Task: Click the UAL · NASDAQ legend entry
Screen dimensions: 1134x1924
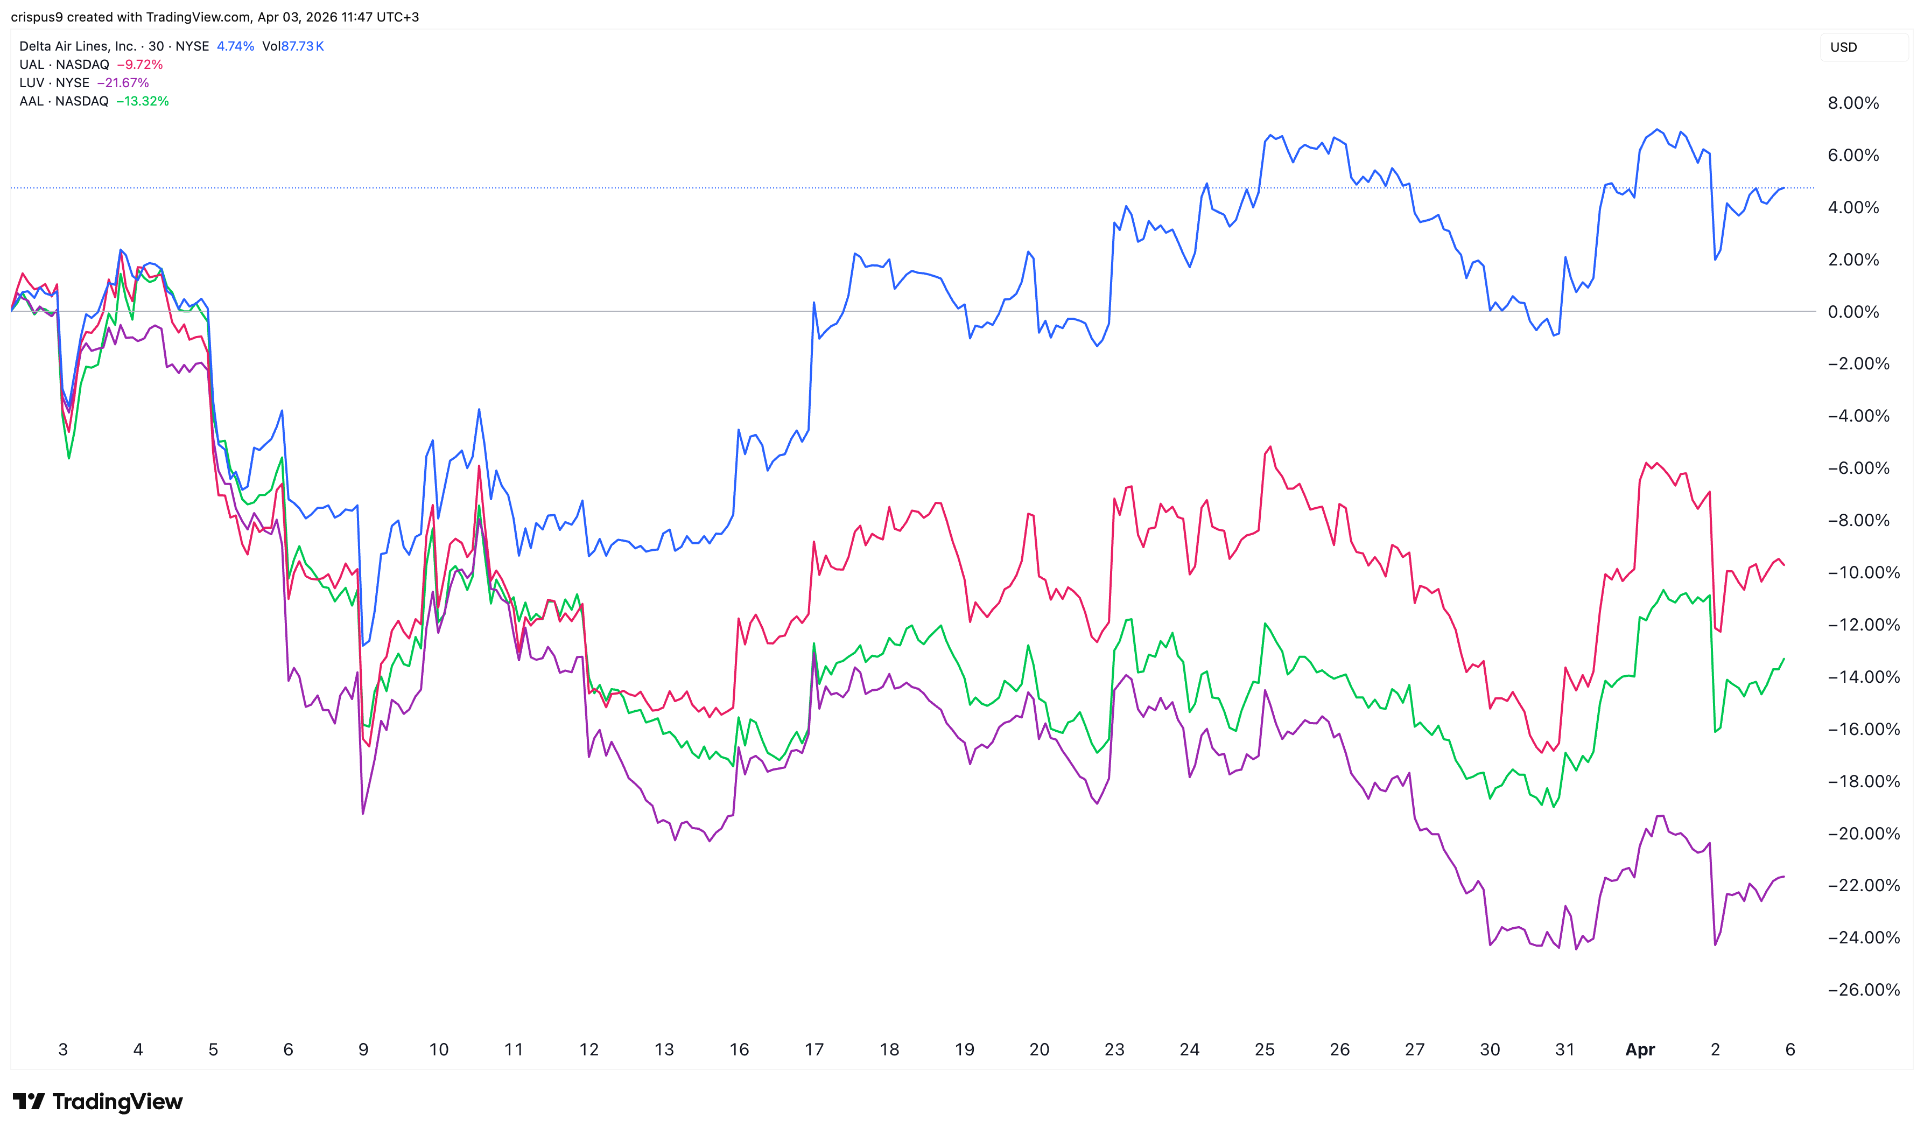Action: point(64,64)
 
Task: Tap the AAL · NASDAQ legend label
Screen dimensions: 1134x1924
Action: point(64,101)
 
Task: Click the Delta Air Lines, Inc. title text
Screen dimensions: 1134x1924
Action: point(77,46)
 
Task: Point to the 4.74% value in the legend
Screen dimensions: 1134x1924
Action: point(235,46)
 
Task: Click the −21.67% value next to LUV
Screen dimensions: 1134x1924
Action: point(123,82)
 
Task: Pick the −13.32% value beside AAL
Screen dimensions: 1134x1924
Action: point(143,101)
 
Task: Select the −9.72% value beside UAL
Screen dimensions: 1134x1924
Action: point(140,64)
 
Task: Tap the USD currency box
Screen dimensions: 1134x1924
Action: point(1843,47)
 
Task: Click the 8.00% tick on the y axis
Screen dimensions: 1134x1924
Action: point(1853,103)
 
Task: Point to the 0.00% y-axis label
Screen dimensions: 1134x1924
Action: point(1853,312)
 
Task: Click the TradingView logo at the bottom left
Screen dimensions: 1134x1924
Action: point(98,1101)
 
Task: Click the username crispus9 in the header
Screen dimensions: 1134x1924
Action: point(37,17)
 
